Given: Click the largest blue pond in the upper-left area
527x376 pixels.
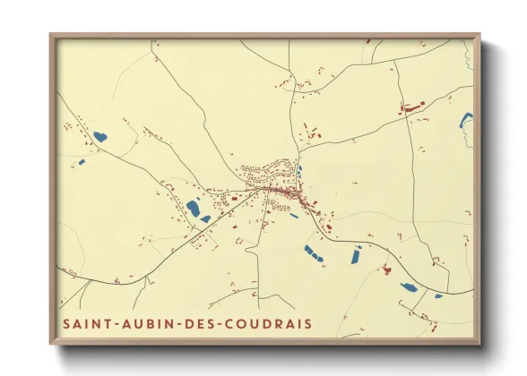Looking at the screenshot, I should (x=99, y=137).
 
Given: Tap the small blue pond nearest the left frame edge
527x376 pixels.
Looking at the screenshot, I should (x=81, y=162).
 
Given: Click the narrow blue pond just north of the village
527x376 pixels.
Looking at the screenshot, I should (x=298, y=170).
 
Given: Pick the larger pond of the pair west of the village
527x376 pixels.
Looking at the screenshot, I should (x=193, y=209).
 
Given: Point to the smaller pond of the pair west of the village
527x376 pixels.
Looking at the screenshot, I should (x=206, y=218).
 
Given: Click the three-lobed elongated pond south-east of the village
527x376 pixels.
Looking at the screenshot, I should (x=314, y=253).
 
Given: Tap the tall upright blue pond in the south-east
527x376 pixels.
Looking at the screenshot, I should (x=354, y=256).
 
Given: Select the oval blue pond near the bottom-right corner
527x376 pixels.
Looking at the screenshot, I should (x=408, y=287).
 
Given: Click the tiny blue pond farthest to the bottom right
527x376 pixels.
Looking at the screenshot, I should (x=438, y=295).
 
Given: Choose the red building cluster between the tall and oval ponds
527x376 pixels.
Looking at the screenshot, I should (x=387, y=269).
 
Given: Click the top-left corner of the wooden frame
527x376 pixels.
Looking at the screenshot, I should (x=51, y=36).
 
